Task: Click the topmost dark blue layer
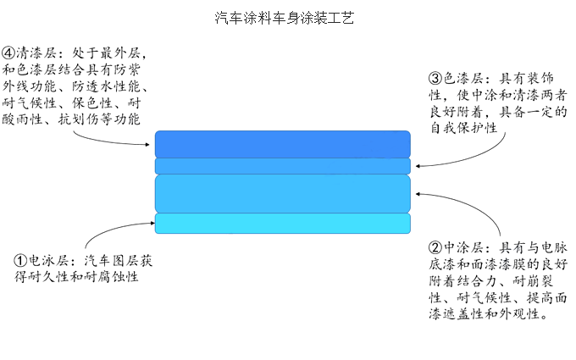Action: pos(282,143)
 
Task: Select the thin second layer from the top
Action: pos(282,165)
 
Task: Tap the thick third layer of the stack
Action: pos(282,192)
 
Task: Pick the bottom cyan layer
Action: pos(282,223)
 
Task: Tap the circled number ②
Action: pos(435,248)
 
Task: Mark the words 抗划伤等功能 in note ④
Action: pos(99,119)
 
